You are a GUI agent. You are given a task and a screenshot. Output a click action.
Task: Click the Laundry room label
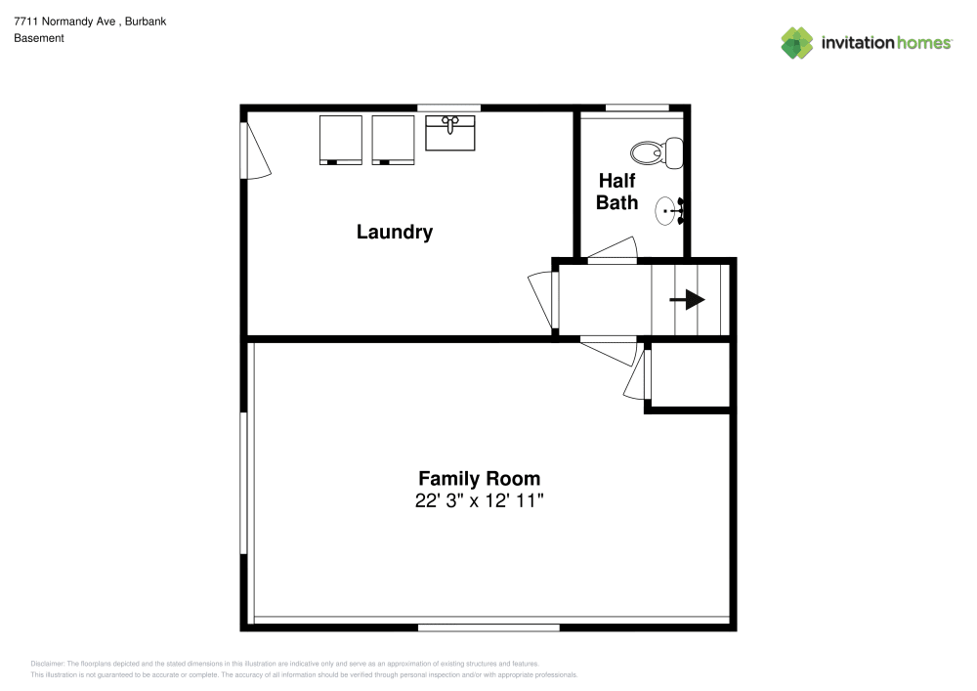(x=394, y=233)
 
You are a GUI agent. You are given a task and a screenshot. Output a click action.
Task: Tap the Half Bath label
(x=616, y=192)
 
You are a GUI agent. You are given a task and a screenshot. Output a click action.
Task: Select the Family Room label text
(x=479, y=479)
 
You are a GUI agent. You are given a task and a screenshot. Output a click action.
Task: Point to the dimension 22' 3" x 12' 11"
(x=479, y=501)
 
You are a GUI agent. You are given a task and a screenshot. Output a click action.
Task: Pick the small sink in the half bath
(x=668, y=210)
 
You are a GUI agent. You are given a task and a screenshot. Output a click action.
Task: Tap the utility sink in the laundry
(x=450, y=132)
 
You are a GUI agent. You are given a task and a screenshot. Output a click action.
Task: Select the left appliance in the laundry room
(x=340, y=139)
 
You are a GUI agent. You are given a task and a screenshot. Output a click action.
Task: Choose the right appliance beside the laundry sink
(x=394, y=139)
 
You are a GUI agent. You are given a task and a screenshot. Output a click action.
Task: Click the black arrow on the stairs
(x=689, y=300)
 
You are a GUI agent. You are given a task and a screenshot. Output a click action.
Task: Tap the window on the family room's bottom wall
(x=488, y=626)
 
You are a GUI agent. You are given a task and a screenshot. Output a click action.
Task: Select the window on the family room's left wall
(x=244, y=484)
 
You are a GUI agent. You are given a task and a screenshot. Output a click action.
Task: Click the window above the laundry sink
(x=448, y=108)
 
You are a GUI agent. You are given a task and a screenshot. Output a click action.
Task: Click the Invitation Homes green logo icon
(x=797, y=42)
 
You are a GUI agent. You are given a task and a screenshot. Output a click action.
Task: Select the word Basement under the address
(x=39, y=38)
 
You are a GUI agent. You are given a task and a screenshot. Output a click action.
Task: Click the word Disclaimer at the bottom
(x=48, y=663)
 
